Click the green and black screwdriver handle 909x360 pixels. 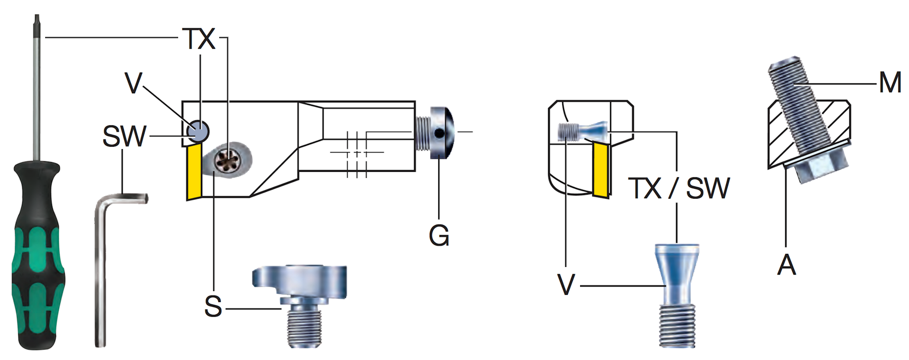click(37, 255)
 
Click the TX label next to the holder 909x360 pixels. click(199, 39)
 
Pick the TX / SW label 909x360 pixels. click(679, 188)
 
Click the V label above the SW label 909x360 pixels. click(133, 83)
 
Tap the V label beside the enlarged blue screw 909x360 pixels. click(566, 284)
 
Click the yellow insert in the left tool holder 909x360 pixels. click(194, 171)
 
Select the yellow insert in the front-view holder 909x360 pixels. click(601, 169)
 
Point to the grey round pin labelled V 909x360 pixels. click(198, 131)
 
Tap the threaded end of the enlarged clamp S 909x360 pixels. click(304, 326)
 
